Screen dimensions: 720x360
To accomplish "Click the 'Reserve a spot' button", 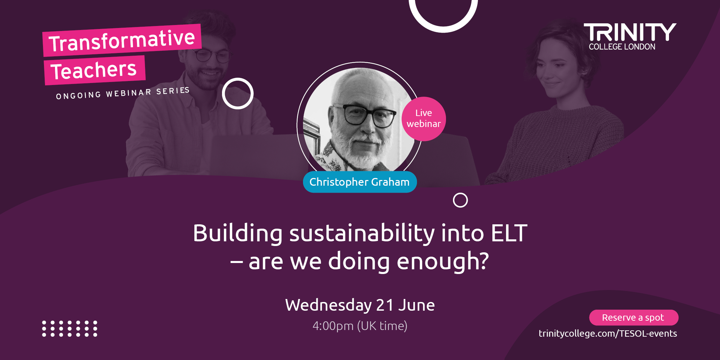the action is point(634,317).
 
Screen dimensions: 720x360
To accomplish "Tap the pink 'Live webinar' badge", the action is point(424,119).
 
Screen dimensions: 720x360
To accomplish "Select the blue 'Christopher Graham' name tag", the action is point(360,182).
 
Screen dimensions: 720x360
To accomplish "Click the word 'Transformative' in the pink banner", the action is point(122,40).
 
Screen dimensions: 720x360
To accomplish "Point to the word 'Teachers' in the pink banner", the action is point(94,70).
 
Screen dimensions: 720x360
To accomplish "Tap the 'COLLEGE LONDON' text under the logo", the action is point(622,47).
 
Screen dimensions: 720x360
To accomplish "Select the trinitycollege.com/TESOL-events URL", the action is point(608,333).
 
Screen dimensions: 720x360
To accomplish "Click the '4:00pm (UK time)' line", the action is point(360,326).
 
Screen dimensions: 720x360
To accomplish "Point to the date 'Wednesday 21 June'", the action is point(360,305).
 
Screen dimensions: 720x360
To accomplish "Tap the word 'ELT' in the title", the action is point(509,233).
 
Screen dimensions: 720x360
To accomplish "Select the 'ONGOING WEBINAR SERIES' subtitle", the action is point(123,93).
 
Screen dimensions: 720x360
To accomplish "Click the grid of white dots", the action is point(70,329).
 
